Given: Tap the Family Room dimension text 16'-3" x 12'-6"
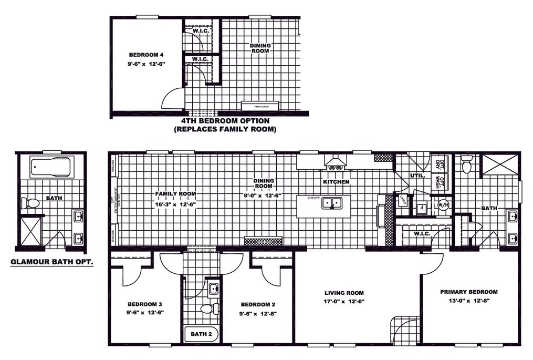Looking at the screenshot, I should tap(176, 203).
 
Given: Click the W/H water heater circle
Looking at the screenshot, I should tap(442, 205).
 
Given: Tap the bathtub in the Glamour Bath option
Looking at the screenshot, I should tap(51, 168).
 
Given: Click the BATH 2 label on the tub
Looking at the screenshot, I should tap(201, 334).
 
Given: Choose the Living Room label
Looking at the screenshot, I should tap(344, 293).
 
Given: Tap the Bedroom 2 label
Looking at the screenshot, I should tap(258, 304).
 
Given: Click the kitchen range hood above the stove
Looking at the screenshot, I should tap(336, 160).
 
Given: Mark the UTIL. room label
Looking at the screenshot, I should tap(418, 176).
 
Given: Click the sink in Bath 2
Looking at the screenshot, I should tap(214, 289).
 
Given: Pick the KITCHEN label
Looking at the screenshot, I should tap(336, 182).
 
